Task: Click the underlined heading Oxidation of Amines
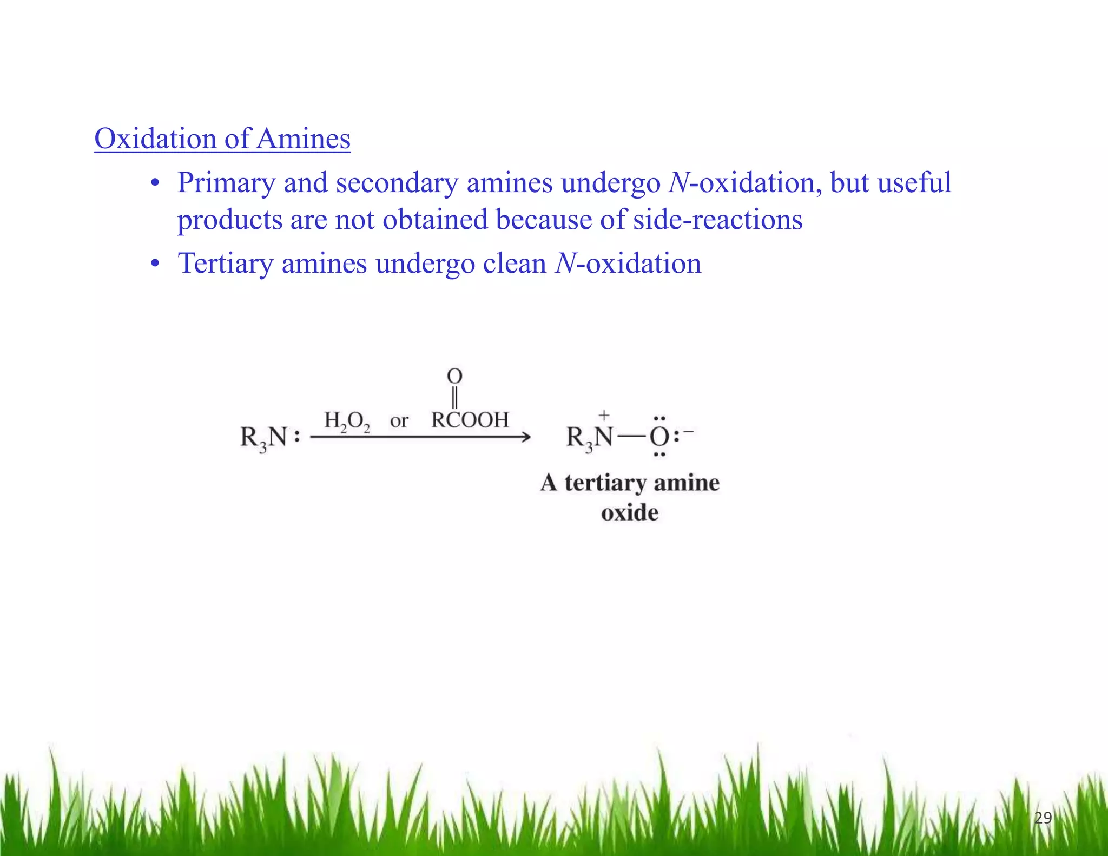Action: click(x=222, y=139)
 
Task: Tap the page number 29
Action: click(x=1043, y=818)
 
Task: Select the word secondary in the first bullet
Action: click(x=397, y=183)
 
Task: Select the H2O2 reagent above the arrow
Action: click(x=347, y=420)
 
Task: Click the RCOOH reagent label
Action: click(x=470, y=420)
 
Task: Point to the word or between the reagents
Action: click(x=399, y=420)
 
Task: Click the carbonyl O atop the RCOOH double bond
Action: click(x=454, y=376)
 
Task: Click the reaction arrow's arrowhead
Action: click(x=525, y=437)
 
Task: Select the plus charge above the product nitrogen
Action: click(x=604, y=416)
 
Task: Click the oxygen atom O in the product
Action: click(x=659, y=437)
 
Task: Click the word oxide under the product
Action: click(x=630, y=512)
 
